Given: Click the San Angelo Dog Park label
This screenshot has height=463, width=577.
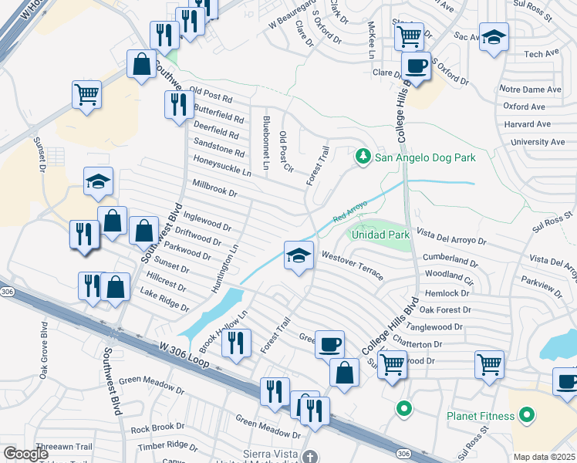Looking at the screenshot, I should (425, 157).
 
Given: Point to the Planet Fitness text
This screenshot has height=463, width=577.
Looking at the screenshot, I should (481, 416).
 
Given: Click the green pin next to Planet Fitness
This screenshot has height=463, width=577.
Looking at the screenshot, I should (527, 416).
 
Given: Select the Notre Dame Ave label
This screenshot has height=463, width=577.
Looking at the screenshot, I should (531, 90).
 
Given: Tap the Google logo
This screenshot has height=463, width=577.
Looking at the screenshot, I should (26, 454).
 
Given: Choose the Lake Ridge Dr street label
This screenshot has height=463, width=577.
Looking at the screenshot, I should (164, 299).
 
